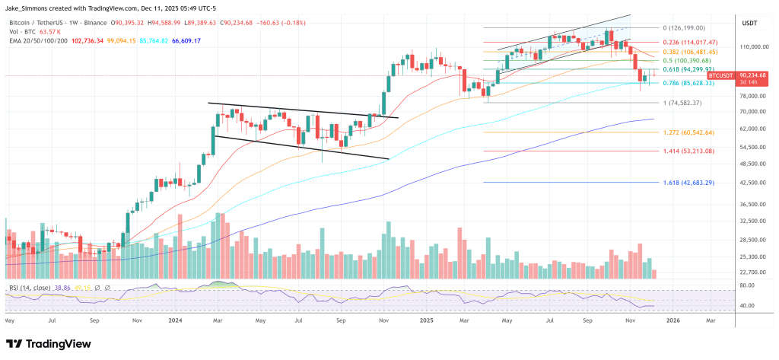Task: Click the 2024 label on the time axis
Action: pyautogui.click(x=174, y=320)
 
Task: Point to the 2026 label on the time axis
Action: pyautogui.click(x=673, y=320)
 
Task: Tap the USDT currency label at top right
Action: pyautogui.click(x=749, y=23)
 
